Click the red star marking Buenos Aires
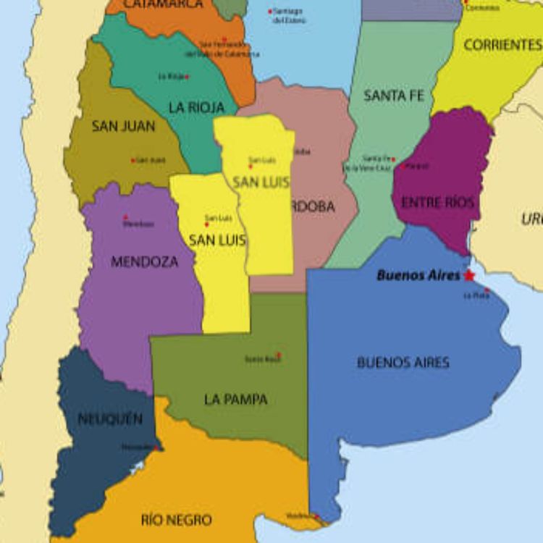click(469, 275)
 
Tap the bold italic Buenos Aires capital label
click(418, 275)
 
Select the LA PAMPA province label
click(236, 399)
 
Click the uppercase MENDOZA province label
click(144, 261)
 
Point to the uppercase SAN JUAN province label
click(123, 126)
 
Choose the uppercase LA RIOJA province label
click(197, 107)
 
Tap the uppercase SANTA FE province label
click(394, 95)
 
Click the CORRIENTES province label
click(502, 45)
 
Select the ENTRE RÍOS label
click(438, 203)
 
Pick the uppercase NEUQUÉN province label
click(110, 418)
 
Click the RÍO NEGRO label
click(177, 520)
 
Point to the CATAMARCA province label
click(163, 4)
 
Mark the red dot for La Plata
click(487, 290)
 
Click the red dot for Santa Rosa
click(279, 355)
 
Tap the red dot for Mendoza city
click(125, 217)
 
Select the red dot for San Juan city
click(133, 160)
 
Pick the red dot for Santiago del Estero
click(271, 12)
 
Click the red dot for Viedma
click(316, 516)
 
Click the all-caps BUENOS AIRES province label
click(403, 362)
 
